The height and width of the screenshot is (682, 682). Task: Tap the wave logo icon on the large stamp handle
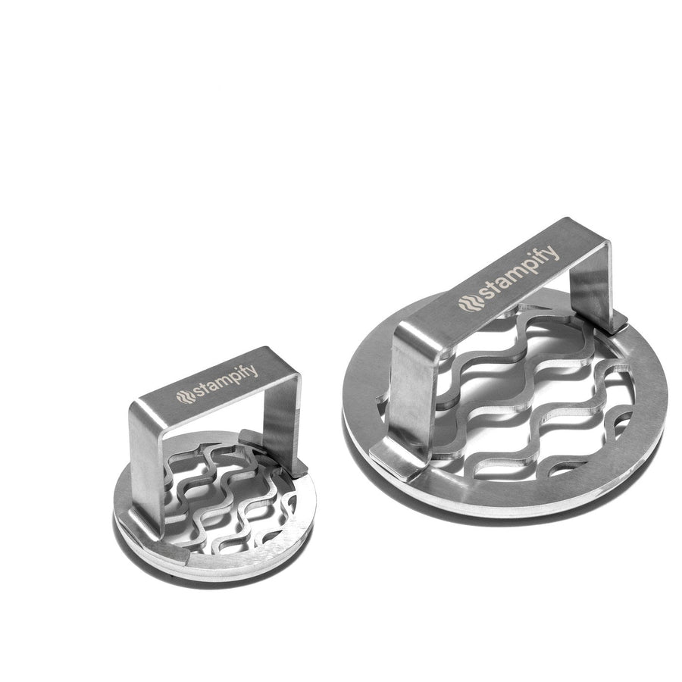click(469, 302)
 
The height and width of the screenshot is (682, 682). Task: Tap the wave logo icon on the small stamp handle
click(186, 396)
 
